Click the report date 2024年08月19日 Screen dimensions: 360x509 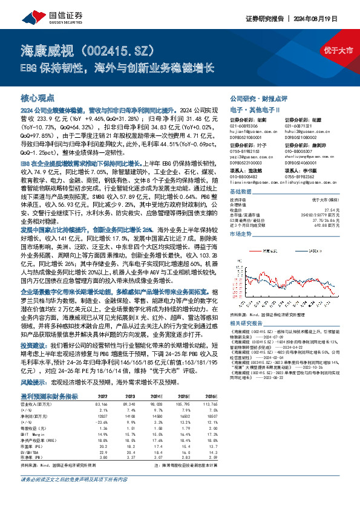pos(329,18)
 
